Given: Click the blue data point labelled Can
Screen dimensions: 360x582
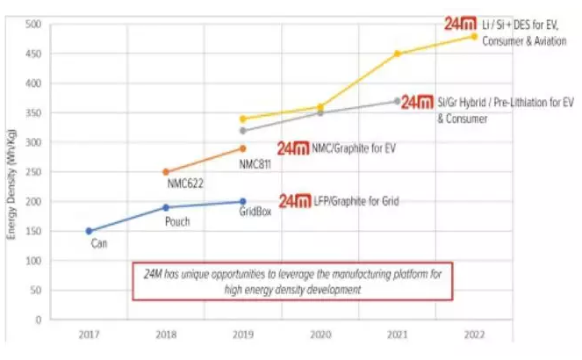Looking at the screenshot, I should (89, 231).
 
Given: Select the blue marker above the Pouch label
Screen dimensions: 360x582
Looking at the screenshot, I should (166, 207).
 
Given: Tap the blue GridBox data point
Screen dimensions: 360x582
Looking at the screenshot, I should (242, 201).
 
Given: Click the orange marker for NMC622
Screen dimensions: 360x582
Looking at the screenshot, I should (166, 172).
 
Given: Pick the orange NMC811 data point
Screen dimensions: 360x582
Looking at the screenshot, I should (242, 148).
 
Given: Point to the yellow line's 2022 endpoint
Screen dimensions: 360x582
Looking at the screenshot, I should (474, 36).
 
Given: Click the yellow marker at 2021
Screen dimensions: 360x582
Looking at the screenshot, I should (397, 54).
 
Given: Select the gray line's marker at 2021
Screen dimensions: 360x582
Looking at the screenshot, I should (397, 101).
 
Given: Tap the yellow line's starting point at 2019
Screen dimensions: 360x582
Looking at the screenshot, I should (242, 119).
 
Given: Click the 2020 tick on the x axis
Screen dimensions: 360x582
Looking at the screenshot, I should (320, 335).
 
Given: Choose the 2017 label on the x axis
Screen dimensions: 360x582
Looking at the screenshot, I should (89, 335).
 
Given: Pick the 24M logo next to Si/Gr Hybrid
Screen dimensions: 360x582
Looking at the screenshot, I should (418, 102).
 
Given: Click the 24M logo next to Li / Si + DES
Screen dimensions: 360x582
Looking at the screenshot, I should (461, 25).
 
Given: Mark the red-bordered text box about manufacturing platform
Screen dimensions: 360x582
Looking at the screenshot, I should (292, 280).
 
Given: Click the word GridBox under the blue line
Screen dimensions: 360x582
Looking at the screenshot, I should (255, 212).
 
